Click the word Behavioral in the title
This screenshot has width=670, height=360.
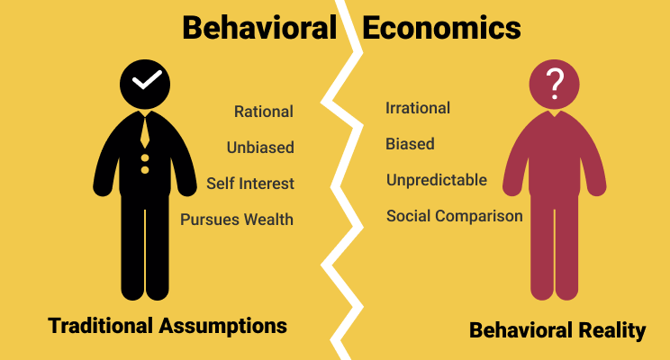pos(259,28)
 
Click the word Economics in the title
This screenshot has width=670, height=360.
pos(441,28)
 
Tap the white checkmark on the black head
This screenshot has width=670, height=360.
pos(147,80)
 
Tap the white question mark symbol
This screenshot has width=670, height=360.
pos(555,84)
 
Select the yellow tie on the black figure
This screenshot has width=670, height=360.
pos(145,132)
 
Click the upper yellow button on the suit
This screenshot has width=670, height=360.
pos(145,158)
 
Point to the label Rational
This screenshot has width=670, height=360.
pos(264,112)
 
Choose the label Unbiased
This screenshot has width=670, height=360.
pos(260,148)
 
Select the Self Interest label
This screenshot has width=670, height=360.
pos(250,184)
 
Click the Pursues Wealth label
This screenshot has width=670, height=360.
pos(237,220)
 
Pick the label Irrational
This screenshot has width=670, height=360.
pos(418,108)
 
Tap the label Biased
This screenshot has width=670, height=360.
pos(410,144)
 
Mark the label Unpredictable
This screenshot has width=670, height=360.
pos(437,180)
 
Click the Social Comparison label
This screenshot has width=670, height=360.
pos(455,216)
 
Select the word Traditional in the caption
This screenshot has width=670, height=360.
pos(101,326)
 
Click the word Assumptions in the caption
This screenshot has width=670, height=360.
pos(223,327)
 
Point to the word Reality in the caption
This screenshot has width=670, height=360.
pos(611,331)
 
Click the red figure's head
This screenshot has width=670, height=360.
pos(554,85)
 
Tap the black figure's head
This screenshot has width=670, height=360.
pos(145,85)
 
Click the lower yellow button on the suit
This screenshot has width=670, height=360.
pos(145,170)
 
